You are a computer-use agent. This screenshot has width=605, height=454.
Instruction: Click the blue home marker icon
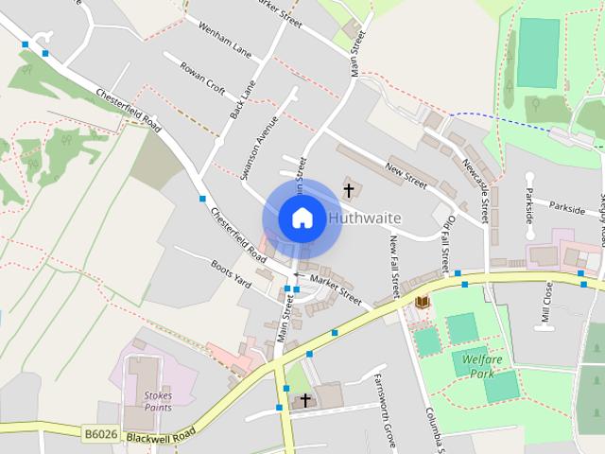coord(302,218)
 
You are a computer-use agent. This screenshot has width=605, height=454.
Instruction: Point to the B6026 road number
coord(98,434)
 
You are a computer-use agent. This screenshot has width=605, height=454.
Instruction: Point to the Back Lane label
coord(242,99)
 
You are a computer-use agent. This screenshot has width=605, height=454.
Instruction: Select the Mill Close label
coord(546,303)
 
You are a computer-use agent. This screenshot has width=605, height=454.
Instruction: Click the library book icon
coord(423,302)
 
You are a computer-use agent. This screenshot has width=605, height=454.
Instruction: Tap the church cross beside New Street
coord(349,191)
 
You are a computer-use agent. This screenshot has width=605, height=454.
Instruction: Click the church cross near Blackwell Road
coord(304,401)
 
